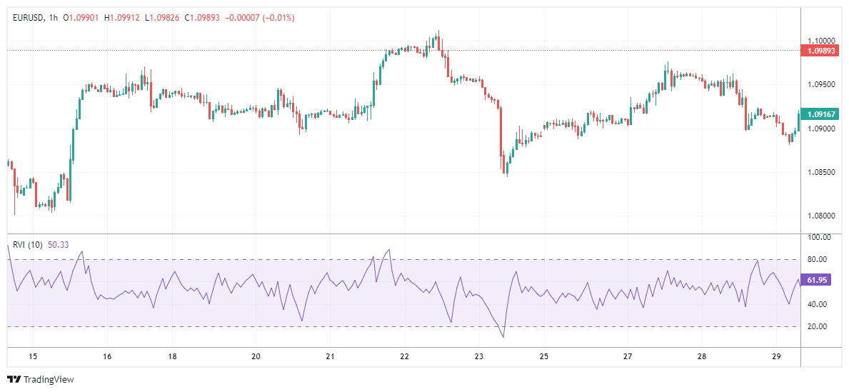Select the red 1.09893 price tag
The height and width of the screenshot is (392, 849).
819,51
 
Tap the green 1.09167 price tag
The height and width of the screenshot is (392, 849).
819,114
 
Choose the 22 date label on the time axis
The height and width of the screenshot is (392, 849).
405,356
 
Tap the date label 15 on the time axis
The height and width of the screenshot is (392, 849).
32,356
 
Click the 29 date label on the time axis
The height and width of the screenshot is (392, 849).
777,356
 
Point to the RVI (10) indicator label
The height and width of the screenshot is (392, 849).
28,244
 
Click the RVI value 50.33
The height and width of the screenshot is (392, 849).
58,244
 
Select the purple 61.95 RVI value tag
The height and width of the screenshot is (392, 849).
818,280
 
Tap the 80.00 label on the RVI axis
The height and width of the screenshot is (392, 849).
819,259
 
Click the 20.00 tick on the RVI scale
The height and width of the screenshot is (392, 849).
819,326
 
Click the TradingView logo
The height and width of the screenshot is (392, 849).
41,379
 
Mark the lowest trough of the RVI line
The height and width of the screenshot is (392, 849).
503,337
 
